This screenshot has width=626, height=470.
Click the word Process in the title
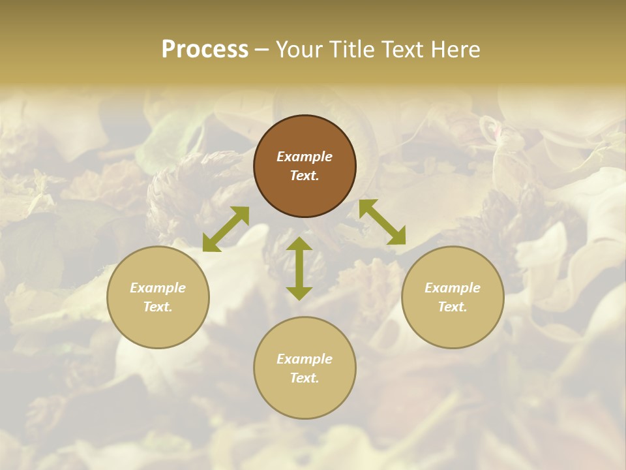tap(205, 50)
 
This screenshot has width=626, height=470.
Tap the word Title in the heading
tap(352, 50)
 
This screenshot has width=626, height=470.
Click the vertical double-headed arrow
tap(299, 268)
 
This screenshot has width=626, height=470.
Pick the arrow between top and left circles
tap(226, 229)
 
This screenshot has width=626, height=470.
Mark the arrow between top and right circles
tap(382, 222)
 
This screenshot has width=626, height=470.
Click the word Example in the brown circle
tap(305, 157)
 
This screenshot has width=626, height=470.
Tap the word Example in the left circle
tap(158, 288)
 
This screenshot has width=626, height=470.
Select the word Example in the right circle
tap(453, 288)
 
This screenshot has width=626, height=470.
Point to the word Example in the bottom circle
tap(305, 359)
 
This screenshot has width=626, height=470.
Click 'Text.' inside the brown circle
tap(305, 176)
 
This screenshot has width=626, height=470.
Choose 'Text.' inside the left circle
tap(158, 307)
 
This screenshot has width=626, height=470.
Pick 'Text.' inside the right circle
tap(453, 307)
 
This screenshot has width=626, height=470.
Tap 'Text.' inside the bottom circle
tap(305, 378)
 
